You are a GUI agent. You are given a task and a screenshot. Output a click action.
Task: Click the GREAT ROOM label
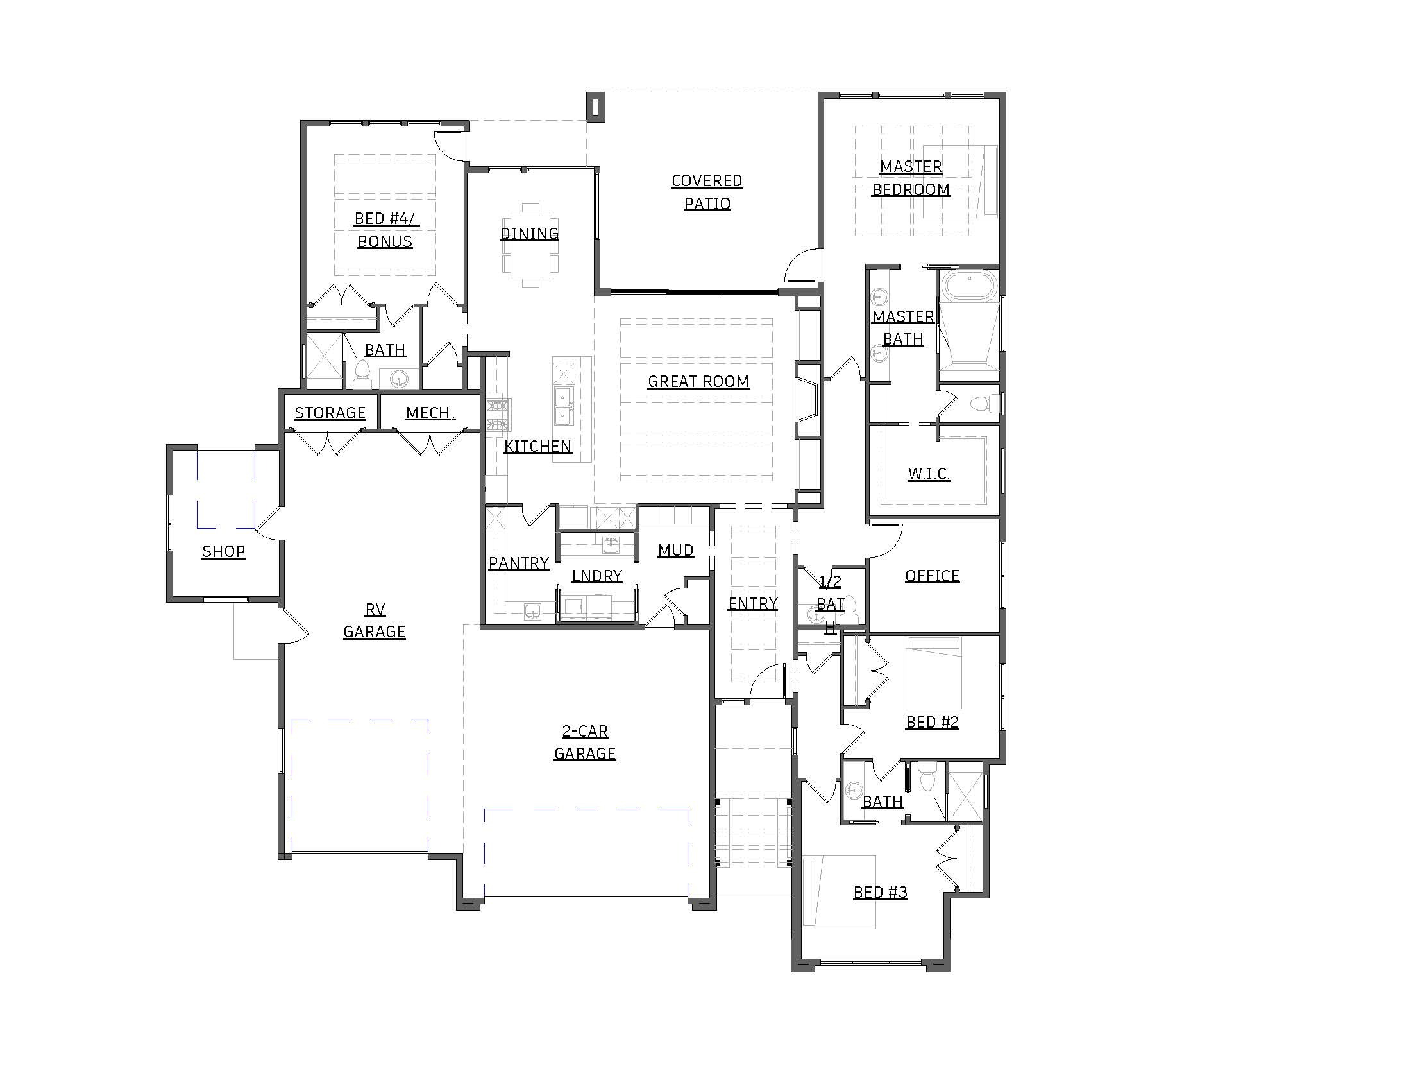[x=698, y=382]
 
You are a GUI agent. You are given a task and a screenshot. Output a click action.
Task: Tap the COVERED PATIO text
[x=707, y=192]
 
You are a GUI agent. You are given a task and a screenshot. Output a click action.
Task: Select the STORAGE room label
[x=330, y=413]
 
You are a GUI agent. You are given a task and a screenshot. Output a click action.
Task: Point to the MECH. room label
[x=430, y=413]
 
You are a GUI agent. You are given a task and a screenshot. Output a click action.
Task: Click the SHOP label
[x=224, y=551]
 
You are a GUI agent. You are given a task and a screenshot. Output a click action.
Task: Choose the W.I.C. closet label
[x=929, y=474]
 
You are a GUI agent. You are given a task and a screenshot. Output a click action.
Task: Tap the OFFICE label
[x=933, y=576]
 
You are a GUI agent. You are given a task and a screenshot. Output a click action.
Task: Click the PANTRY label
[x=519, y=563]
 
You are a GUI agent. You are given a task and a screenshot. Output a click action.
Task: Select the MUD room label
[x=676, y=550]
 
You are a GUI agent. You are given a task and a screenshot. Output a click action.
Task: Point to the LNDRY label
[x=597, y=576]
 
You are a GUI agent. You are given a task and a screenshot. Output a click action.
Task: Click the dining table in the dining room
[x=530, y=245]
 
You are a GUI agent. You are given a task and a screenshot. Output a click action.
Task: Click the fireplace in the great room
[x=807, y=400]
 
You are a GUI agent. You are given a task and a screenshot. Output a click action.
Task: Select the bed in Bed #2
[x=934, y=672]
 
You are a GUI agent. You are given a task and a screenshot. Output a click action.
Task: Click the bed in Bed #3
[x=839, y=893]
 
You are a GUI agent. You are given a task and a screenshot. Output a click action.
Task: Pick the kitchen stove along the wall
[x=499, y=415]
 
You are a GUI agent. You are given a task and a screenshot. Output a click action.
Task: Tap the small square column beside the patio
[x=596, y=106]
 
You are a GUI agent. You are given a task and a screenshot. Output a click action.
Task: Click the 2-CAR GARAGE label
[x=585, y=743]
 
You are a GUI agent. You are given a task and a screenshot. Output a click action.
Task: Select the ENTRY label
[x=753, y=604]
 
